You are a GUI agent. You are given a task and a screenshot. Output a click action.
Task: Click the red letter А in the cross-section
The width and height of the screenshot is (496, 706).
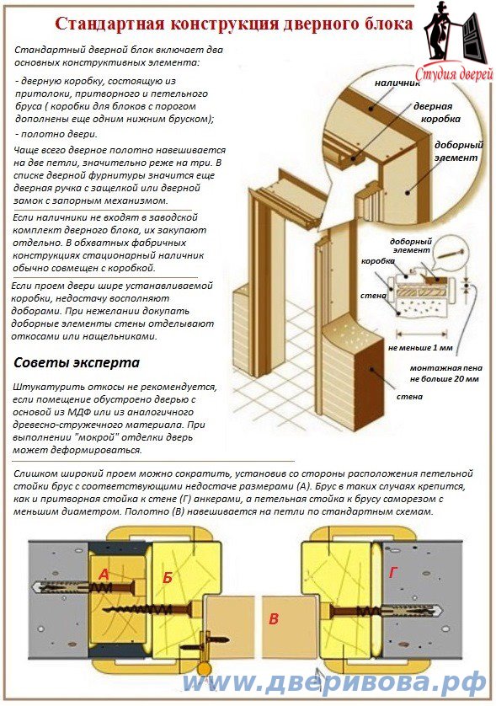click(x=104, y=574)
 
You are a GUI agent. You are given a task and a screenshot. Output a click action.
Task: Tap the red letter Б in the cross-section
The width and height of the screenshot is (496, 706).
click(x=168, y=577)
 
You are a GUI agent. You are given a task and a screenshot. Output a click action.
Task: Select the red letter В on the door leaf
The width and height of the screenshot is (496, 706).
click(x=274, y=619)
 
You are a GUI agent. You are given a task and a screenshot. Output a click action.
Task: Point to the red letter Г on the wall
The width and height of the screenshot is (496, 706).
click(x=393, y=572)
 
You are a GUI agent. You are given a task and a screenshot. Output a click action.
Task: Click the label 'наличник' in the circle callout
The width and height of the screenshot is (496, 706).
click(x=397, y=83)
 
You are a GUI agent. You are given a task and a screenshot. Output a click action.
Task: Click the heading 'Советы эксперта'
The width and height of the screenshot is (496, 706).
click(x=77, y=362)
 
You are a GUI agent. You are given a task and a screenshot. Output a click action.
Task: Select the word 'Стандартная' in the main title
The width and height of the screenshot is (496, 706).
click(x=107, y=24)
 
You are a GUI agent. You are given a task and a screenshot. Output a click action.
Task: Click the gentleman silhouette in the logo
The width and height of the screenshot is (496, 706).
click(x=439, y=30)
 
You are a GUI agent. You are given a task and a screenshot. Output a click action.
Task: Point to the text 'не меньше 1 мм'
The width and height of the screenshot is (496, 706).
click(x=420, y=348)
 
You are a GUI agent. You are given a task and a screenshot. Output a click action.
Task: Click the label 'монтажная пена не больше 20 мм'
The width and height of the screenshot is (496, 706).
click(x=445, y=373)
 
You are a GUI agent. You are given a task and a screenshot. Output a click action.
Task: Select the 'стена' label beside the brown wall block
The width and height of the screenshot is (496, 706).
click(x=409, y=397)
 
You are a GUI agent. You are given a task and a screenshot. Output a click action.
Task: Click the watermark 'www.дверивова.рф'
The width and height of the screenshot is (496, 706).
click(x=334, y=683)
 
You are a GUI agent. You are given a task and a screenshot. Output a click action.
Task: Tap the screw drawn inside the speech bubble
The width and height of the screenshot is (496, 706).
click(x=451, y=254)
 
